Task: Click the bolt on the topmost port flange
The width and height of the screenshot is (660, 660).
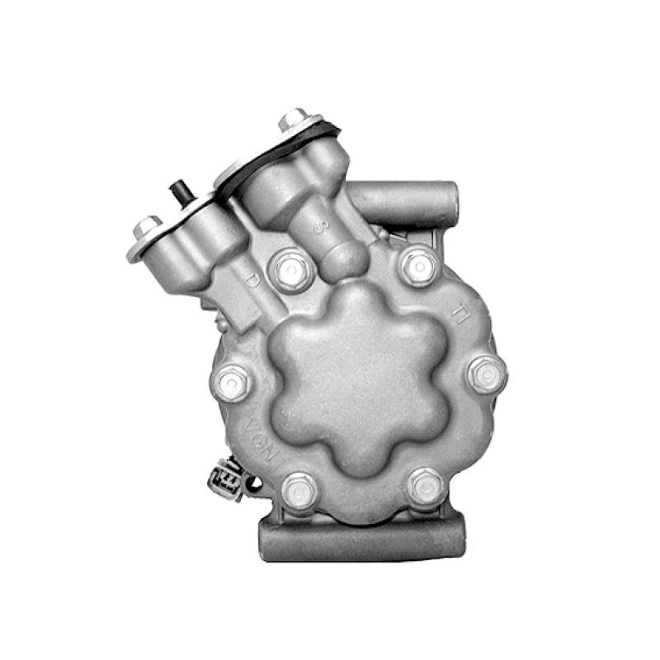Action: coord(295,120)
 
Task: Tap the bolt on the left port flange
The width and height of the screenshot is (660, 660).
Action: coord(149,225)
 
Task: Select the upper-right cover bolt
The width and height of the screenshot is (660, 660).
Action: coord(417,266)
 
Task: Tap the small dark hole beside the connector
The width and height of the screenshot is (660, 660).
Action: coord(252,483)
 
